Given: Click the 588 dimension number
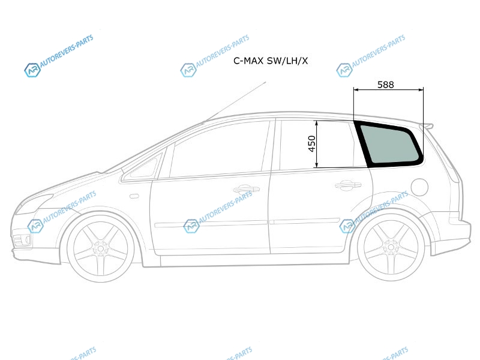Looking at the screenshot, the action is pyautogui.click(x=385, y=85).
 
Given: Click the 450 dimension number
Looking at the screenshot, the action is pyautogui.click(x=311, y=143).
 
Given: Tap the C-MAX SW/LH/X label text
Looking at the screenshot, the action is pyautogui.click(x=271, y=61).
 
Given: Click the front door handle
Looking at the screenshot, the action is pyautogui.click(x=247, y=189).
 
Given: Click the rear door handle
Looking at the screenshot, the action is pyautogui.click(x=348, y=185).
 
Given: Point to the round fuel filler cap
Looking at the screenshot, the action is pyautogui.click(x=419, y=187).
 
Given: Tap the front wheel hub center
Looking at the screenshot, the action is pyautogui.click(x=101, y=248).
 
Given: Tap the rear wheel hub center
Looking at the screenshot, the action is pyautogui.click(x=391, y=247).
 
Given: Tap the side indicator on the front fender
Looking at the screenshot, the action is pyautogui.click(x=134, y=196).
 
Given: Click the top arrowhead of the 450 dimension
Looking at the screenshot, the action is pyautogui.click(x=317, y=122).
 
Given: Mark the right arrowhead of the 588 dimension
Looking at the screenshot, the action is pyautogui.click(x=421, y=89).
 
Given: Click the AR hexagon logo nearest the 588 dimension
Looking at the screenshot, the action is pyautogui.click(x=344, y=70).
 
